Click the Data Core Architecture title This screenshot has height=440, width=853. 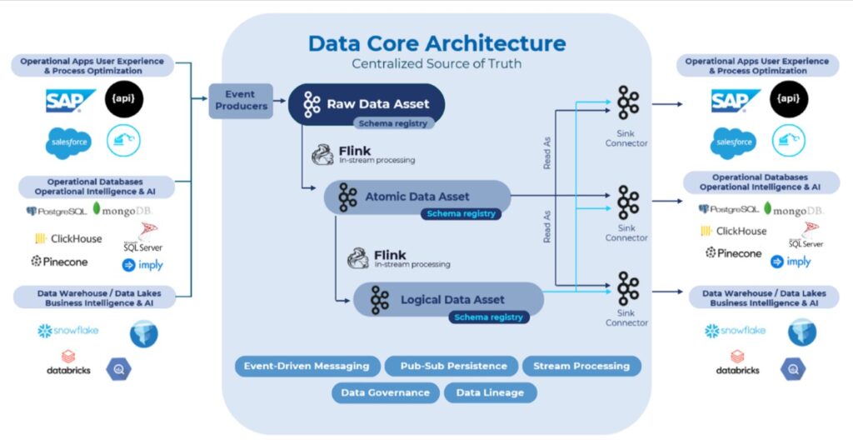tap(436, 43)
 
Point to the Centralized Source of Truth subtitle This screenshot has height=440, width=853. tap(436, 63)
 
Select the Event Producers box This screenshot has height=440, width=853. tap(241, 100)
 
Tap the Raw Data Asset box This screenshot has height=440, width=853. tap(367, 103)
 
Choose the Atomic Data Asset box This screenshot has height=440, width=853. tap(417, 197)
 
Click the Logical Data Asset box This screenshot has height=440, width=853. tap(448, 299)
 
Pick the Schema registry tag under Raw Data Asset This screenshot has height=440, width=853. tap(392, 123)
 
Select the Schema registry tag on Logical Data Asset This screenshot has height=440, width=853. tap(488, 317)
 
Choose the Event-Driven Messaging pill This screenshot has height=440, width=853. tap(307, 366)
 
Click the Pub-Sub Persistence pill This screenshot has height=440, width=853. tap(451, 366)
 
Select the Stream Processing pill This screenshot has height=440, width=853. tap(581, 366)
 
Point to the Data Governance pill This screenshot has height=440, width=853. tap(386, 392)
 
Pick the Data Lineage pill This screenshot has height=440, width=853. tap(490, 392)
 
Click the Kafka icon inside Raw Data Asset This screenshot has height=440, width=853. tap(312, 104)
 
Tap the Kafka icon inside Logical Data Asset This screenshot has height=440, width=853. tap(380, 300)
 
